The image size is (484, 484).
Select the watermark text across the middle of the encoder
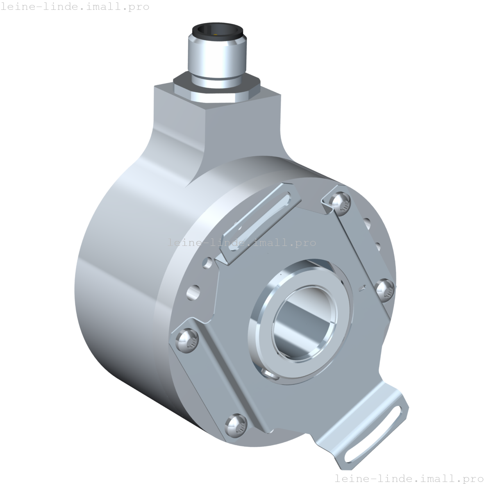[x=242, y=243]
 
